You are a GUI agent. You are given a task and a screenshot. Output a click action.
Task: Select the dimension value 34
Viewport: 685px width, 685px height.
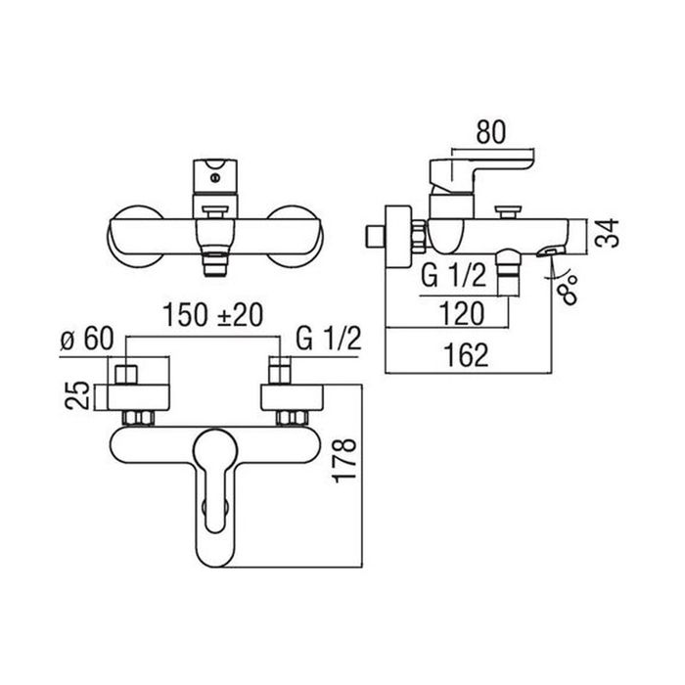coord(607,235)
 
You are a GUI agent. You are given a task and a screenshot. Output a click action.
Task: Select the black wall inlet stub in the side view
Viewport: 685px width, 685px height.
coord(372,236)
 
